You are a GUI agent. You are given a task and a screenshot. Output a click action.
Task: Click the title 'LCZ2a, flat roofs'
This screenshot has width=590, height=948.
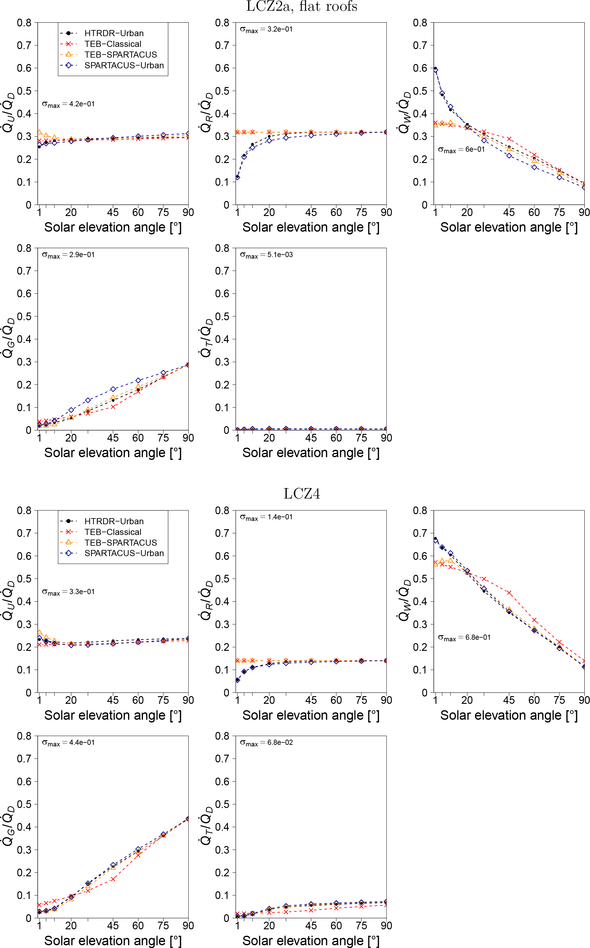(x=302, y=7)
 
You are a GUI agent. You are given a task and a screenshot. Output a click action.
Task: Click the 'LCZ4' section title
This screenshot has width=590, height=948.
(x=302, y=494)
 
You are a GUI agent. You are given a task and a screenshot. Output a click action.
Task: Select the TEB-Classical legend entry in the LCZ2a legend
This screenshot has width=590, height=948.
(x=113, y=44)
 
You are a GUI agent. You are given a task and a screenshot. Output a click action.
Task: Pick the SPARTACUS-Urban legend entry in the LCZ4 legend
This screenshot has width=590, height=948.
(x=124, y=553)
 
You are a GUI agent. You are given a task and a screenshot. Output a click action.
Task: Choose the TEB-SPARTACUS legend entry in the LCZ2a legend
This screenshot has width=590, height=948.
(x=121, y=55)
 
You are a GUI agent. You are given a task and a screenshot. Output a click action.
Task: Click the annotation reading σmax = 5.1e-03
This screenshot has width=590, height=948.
(x=266, y=255)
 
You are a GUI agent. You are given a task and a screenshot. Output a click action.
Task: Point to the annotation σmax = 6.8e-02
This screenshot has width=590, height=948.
(x=266, y=743)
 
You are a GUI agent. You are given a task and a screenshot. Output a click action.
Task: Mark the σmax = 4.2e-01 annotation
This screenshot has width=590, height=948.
(x=68, y=104)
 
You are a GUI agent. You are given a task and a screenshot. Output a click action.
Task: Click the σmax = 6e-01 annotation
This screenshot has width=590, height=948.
(x=461, y=150)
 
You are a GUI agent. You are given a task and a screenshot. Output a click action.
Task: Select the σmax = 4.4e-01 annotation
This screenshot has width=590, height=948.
(x=68, y=743)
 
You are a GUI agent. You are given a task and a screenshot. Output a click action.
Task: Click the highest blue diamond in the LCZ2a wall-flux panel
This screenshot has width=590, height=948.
(x=436, y=70)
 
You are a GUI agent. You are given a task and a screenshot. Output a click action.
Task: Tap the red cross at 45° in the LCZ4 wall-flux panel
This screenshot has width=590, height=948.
(x=509, y=593)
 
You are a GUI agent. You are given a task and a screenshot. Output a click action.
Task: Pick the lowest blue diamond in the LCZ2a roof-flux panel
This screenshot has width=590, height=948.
(x=238, y=178)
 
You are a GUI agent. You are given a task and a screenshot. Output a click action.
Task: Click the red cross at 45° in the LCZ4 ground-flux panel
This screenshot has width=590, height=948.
(x=113, y=879)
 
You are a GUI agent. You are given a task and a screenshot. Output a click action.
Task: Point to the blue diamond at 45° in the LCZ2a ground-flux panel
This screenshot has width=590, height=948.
(x=113, y=389)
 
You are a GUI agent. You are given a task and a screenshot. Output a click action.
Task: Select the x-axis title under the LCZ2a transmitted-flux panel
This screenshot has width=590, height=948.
(x=311, y=453)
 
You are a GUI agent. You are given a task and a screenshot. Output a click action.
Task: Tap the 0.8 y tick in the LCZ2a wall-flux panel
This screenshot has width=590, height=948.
(x=420, y=23)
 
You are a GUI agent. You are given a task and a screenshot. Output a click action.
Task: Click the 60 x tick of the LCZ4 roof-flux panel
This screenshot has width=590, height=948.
(x=336, y=700)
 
